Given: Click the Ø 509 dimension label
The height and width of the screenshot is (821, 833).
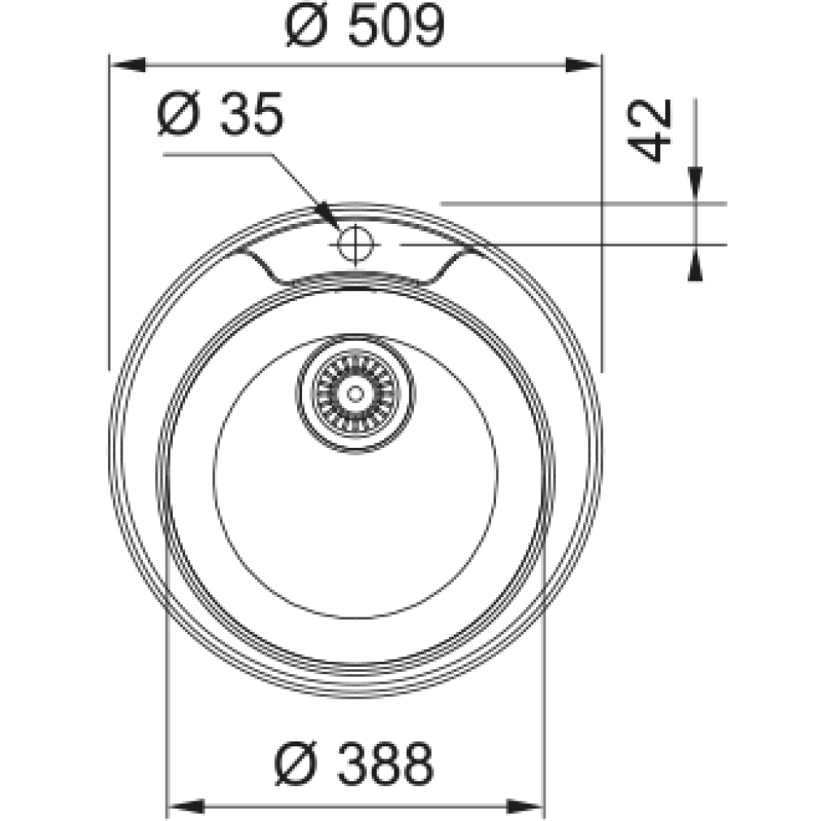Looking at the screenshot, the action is click(365, 25).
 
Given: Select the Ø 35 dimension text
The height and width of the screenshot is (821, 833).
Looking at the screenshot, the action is click(221, 114).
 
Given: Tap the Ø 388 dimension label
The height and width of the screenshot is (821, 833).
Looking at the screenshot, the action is click(354, 763).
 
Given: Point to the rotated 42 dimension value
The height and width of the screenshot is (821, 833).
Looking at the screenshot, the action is click(650, 130).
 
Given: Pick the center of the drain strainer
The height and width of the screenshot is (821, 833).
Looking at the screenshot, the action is click(355, 393).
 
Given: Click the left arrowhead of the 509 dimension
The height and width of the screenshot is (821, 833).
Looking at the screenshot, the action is click(127, 65).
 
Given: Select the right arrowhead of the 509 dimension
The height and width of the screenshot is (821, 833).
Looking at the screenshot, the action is click(583, 65).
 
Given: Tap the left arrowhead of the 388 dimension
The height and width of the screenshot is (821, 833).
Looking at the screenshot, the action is click(186, 806).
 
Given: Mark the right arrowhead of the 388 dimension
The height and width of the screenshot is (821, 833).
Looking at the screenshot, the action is click(525, 806).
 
